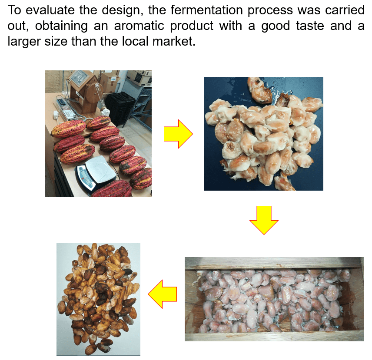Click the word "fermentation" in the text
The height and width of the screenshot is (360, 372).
(x=206, y=10)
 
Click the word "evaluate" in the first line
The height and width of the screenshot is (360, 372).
(x=50, y=10)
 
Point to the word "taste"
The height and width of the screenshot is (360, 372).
(x=310, y=26)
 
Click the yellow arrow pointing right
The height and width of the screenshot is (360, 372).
(x=178, y=134)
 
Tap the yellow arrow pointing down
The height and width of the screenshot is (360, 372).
(x=264, y=220)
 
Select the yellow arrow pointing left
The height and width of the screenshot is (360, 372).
(x=163, y=294)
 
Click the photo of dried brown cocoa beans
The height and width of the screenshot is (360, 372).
(x=98, y=299)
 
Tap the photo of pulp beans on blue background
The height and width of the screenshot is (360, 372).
(x=264, y=134)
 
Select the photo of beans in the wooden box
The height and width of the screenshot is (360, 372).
(x=274, y=299)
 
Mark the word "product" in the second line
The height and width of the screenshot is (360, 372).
(x=192, y=26)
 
